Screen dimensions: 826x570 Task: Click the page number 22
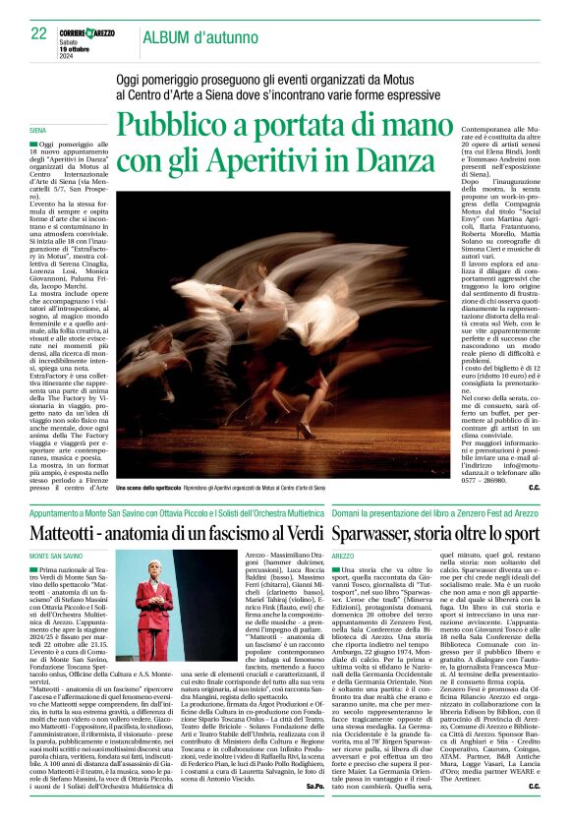click(x=38, y=33)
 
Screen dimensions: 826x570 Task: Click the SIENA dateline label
click(x=38, y=130)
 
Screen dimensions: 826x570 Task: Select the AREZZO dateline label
click(x=344, y=556)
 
